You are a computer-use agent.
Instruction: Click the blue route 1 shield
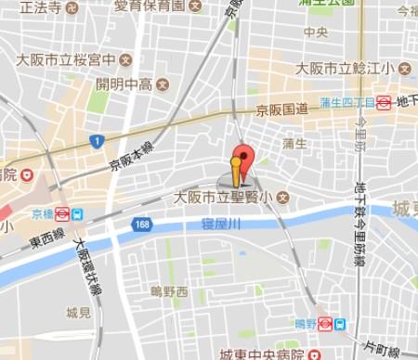tap(96, 140)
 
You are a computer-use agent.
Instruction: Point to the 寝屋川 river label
tap(221, 224)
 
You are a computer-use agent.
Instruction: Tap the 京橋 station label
tap(44, 214)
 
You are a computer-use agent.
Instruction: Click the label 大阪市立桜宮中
tap(67, 59)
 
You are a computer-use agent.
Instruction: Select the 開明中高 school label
tap(124, 84)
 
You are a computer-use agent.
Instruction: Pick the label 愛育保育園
tap(150, 6)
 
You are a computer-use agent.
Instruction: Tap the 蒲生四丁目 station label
tap(346, 102)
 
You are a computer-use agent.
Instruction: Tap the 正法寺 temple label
tap(36, 7)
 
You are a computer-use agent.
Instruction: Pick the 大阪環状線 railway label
tap(89, 269)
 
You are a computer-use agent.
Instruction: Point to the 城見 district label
tap(79, 313)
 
